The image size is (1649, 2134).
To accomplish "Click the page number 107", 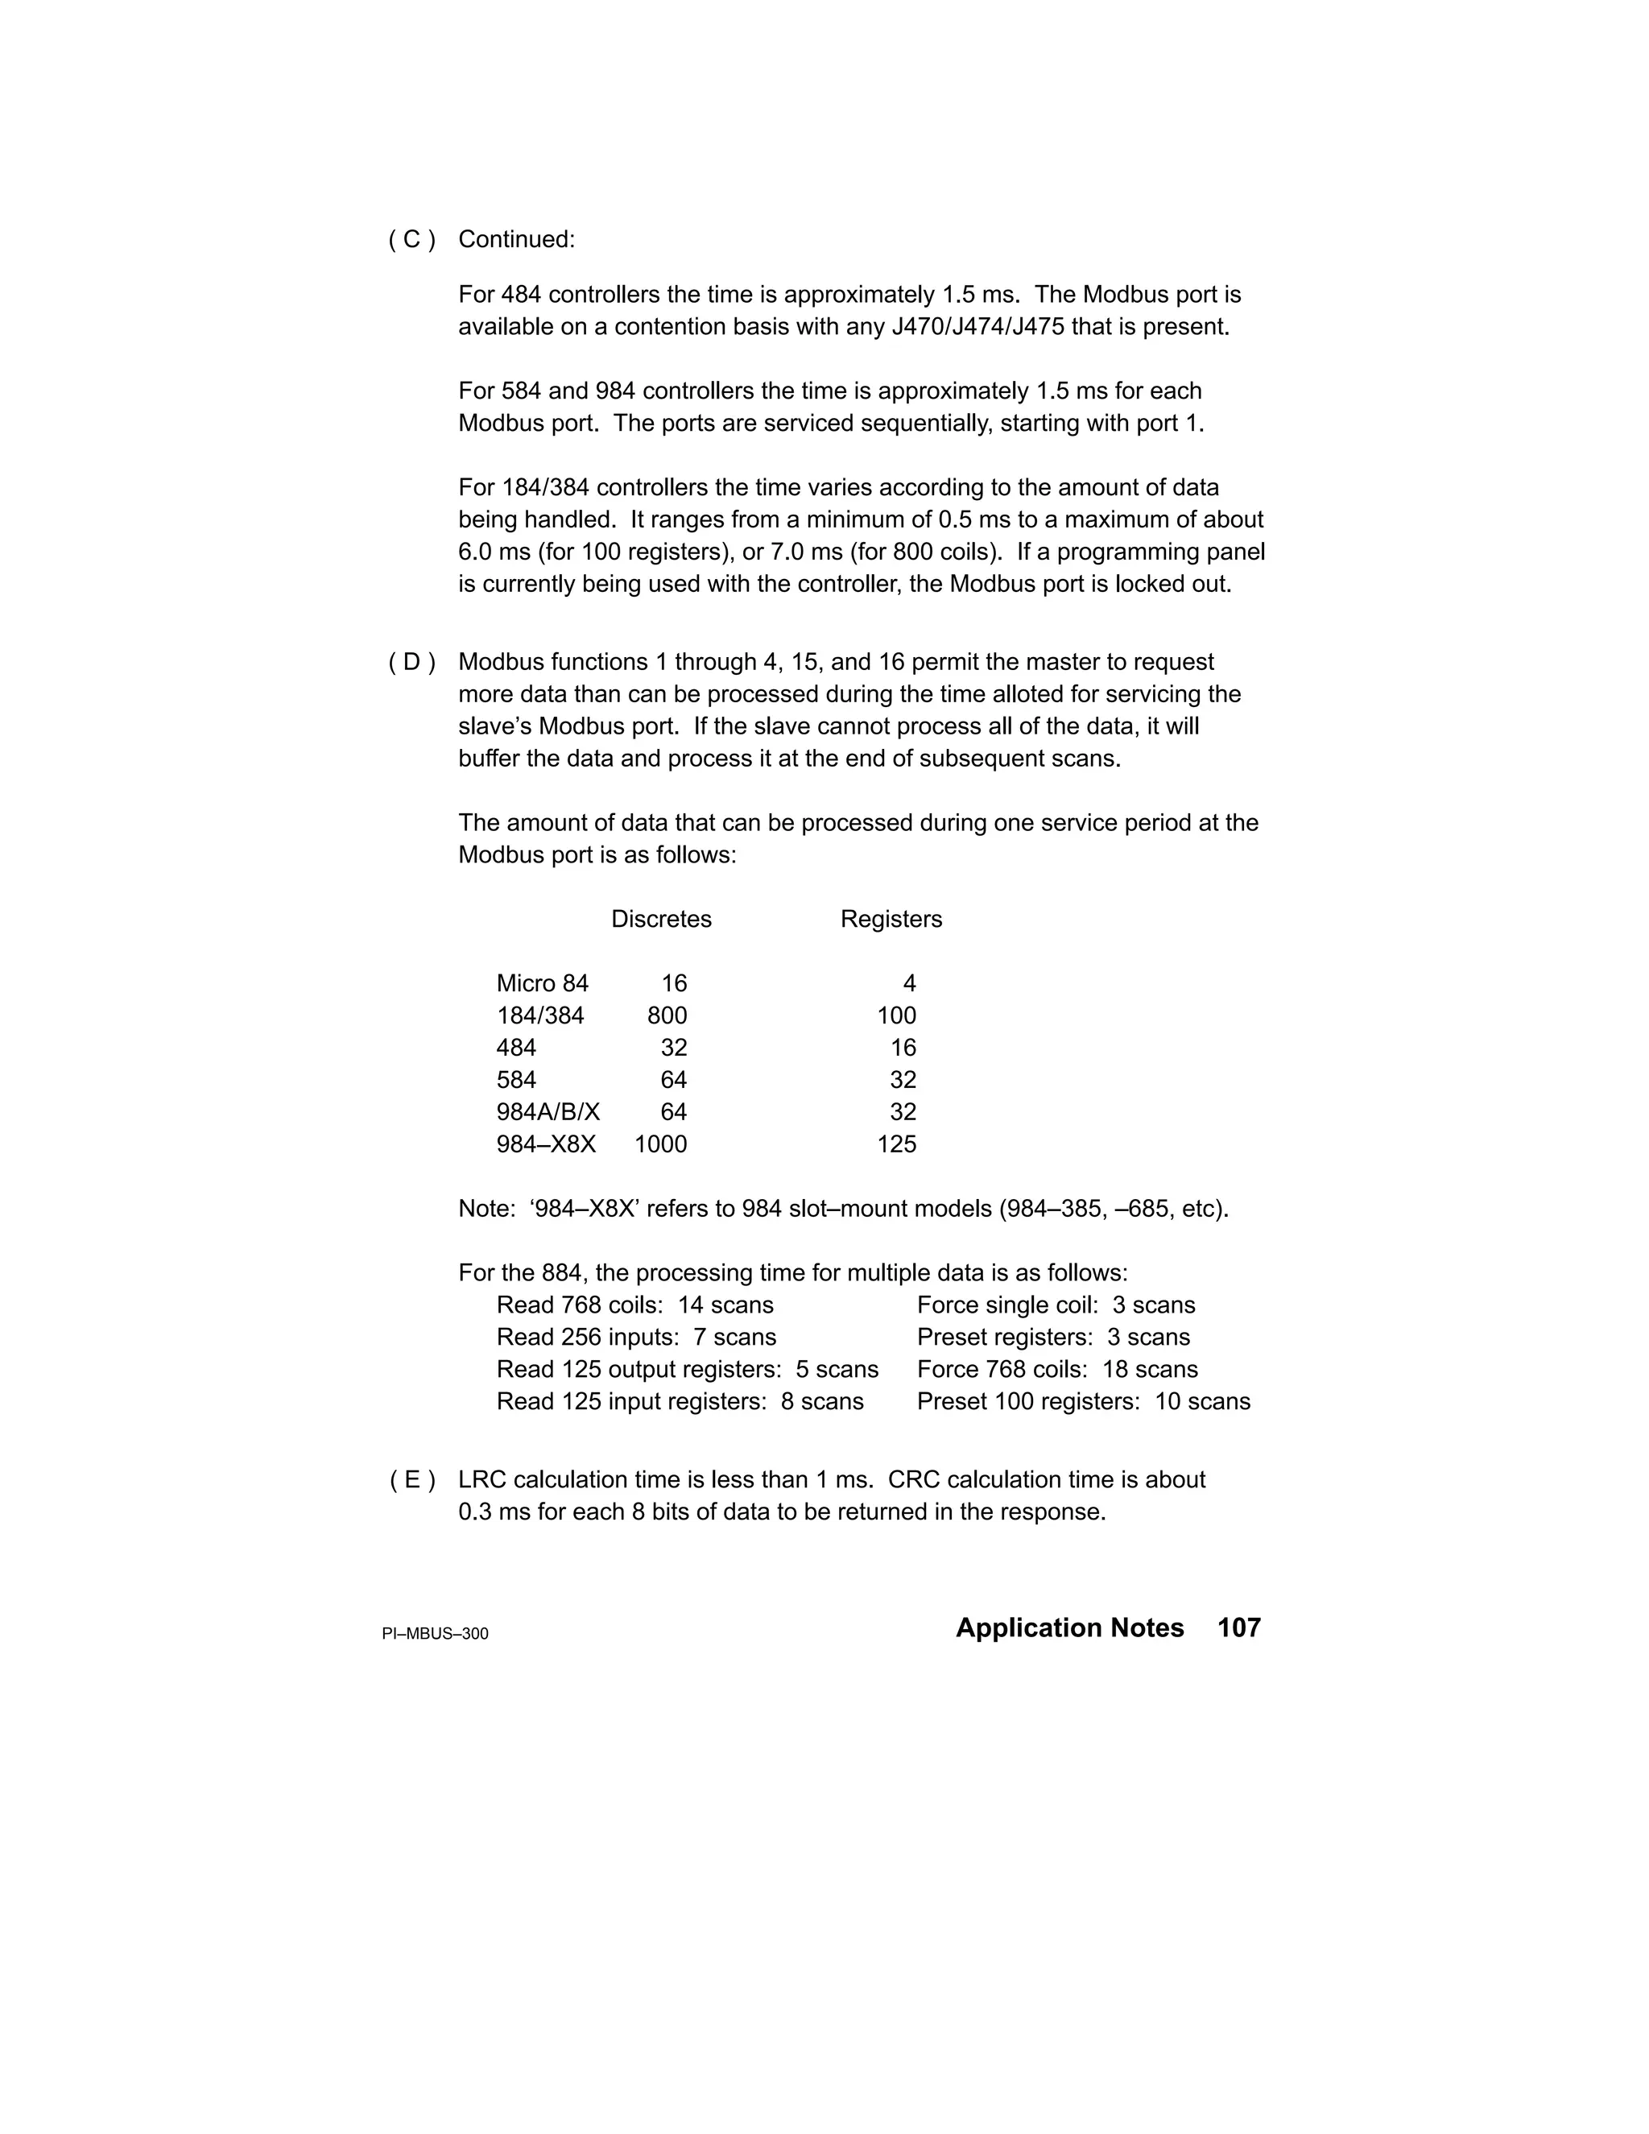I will coord(1238,1627).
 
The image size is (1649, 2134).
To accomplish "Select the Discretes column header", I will coord(661,920).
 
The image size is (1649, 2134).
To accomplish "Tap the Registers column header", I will coord(891,920).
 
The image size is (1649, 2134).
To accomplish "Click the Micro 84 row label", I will coord(542,984).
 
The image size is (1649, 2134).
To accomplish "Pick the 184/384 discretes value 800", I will coord(667,1016).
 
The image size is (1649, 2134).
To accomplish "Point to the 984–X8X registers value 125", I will coord(896,1144).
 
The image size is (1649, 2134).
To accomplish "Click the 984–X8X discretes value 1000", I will coord(660,1144).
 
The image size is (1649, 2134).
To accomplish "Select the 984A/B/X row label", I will coord(548,1112).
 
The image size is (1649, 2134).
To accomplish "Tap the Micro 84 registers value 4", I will coord(910,984).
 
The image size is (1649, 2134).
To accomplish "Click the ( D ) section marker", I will coord(411,663).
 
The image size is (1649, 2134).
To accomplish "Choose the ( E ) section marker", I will coord(412,1480).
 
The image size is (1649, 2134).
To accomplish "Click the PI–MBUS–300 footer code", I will coord(435,1634).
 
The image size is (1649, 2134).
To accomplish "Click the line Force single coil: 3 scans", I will coord(1055,1305).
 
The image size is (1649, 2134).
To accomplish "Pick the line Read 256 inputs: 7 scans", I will coord(636,1338).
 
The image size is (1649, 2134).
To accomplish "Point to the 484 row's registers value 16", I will coord(903,1048).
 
